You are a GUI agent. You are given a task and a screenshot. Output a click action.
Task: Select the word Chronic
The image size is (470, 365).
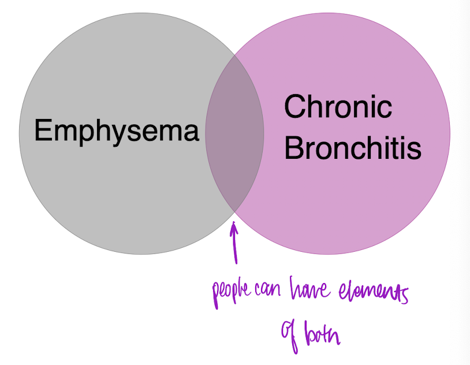click(x=338, y=107)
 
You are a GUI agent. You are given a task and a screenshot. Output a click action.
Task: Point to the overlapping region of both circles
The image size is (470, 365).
click(x=234, y=133)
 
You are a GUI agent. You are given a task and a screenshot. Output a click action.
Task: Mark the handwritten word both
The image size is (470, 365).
click(x=321, y=333)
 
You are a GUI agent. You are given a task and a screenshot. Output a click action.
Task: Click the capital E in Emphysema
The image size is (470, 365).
click(x=44, y=131)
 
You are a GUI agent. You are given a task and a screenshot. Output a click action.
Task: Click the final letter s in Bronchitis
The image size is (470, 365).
click(x=414, y=151)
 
